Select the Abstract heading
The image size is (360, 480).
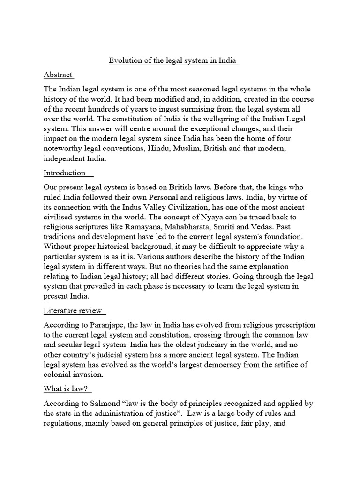58,75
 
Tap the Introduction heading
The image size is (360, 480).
65,172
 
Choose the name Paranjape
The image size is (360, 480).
107,325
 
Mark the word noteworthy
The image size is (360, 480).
65,149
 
